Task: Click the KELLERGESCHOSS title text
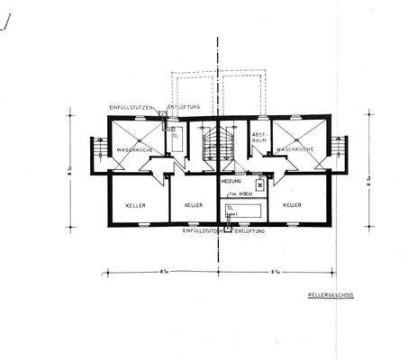325,295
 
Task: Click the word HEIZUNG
233,181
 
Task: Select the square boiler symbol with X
260,184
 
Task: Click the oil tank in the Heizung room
243,210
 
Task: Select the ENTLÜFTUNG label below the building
253,231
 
